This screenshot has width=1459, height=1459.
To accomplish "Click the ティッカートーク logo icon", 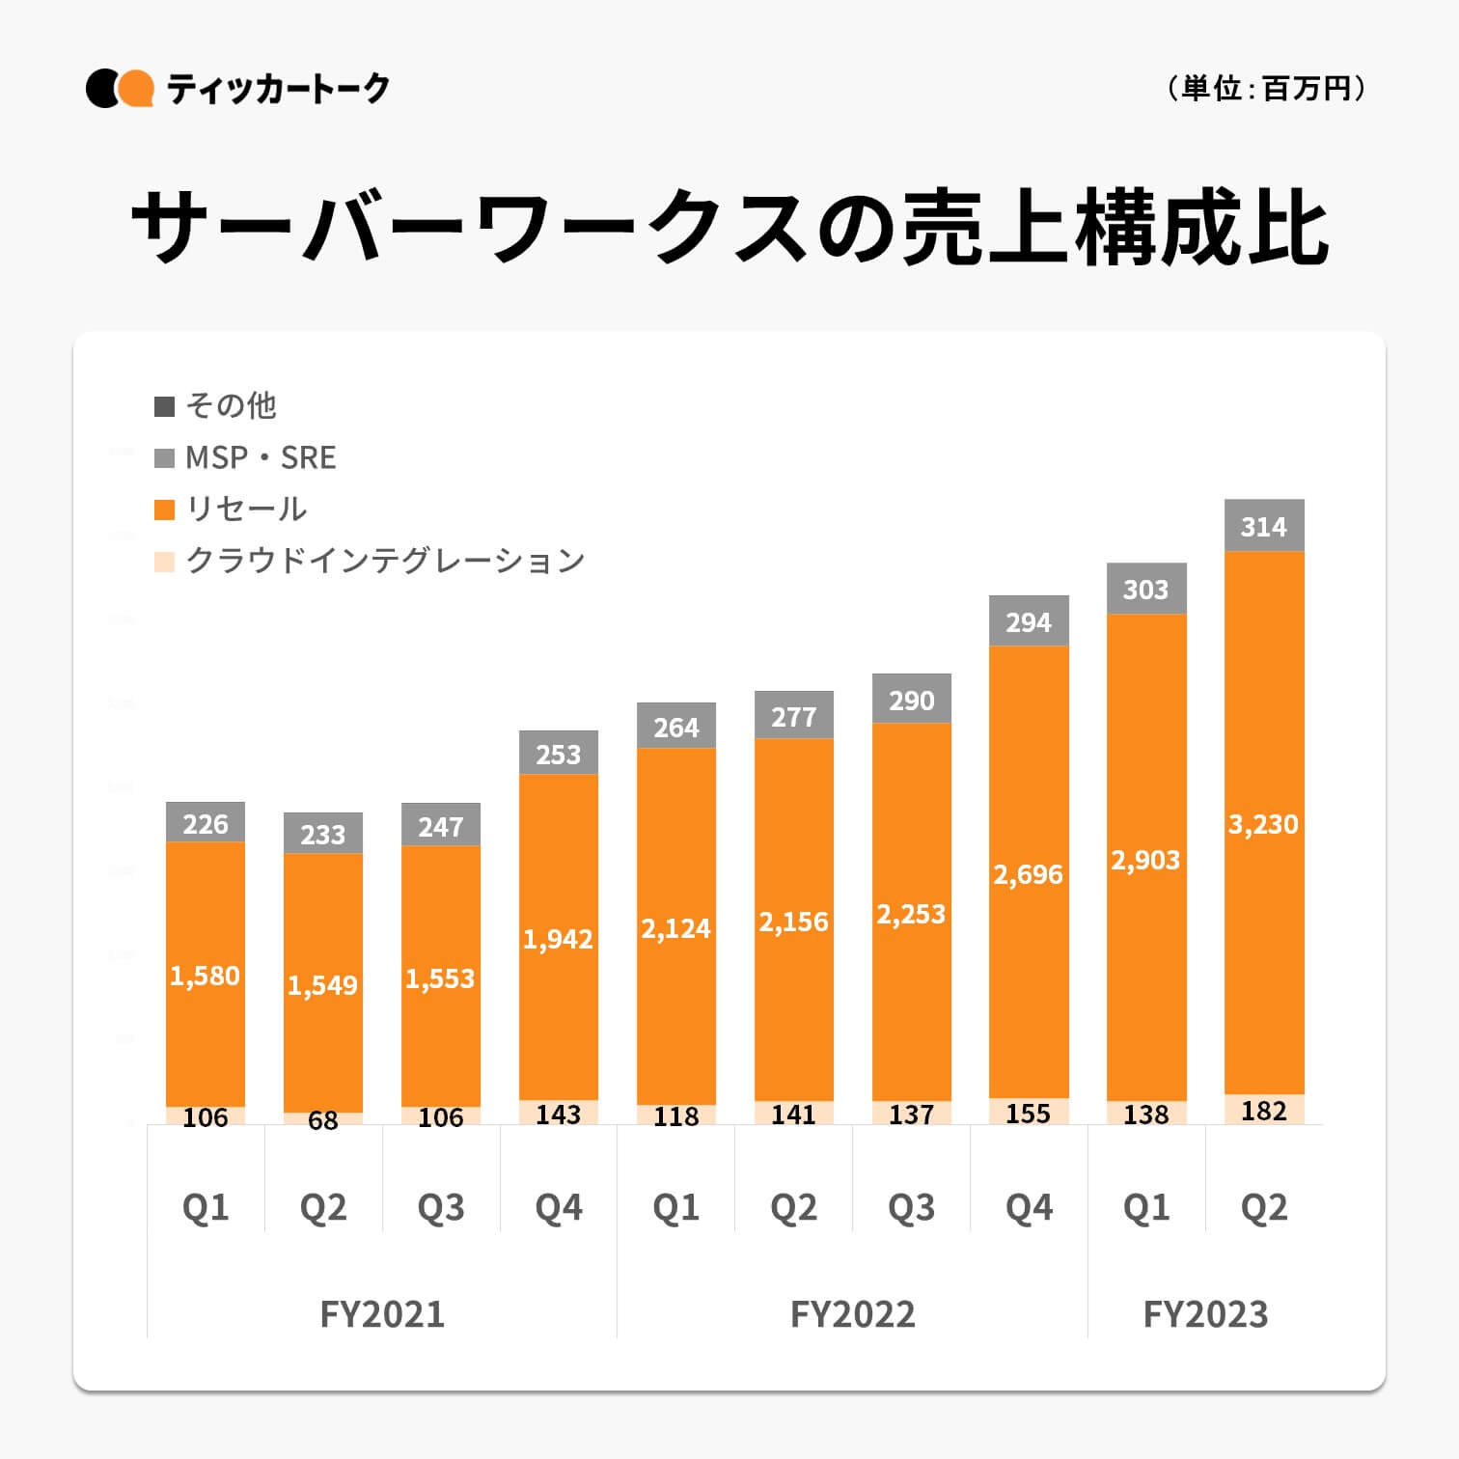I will tap(120, 89).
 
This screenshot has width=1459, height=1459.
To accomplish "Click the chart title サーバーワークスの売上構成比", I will tap(729, 228).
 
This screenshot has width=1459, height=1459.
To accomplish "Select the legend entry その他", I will tap(216, 406).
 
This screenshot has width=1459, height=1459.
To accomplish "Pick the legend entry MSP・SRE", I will tap(245, 457).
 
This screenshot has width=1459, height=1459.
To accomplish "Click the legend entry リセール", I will tap(232, 509).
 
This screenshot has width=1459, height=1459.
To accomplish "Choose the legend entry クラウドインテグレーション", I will tap(370, 561).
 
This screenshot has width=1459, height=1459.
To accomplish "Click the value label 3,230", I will tap(1263, 824).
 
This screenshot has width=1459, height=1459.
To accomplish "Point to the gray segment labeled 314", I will tap(1264, 526).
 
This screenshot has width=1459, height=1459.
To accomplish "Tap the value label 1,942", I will tap(558, 939).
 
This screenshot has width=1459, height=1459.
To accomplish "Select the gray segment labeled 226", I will tap(206, 823).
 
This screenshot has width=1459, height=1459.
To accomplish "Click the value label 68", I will tap(323, 1120).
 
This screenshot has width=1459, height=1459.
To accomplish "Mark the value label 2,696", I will tap(1029, 874).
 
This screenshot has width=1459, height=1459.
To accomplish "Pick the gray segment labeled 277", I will tap(793, 716).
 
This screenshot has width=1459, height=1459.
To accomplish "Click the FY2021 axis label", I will tap(382, 1314).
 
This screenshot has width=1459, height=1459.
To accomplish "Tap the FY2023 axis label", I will tap(1205, 1314).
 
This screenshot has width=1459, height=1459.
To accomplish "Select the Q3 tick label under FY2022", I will tap(911, 1207).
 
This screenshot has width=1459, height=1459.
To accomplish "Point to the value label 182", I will tap(1264, 1111).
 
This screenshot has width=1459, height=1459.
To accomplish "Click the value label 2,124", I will tap(675, 928).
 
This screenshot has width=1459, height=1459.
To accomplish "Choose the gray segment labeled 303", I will tap(1146, 589).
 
